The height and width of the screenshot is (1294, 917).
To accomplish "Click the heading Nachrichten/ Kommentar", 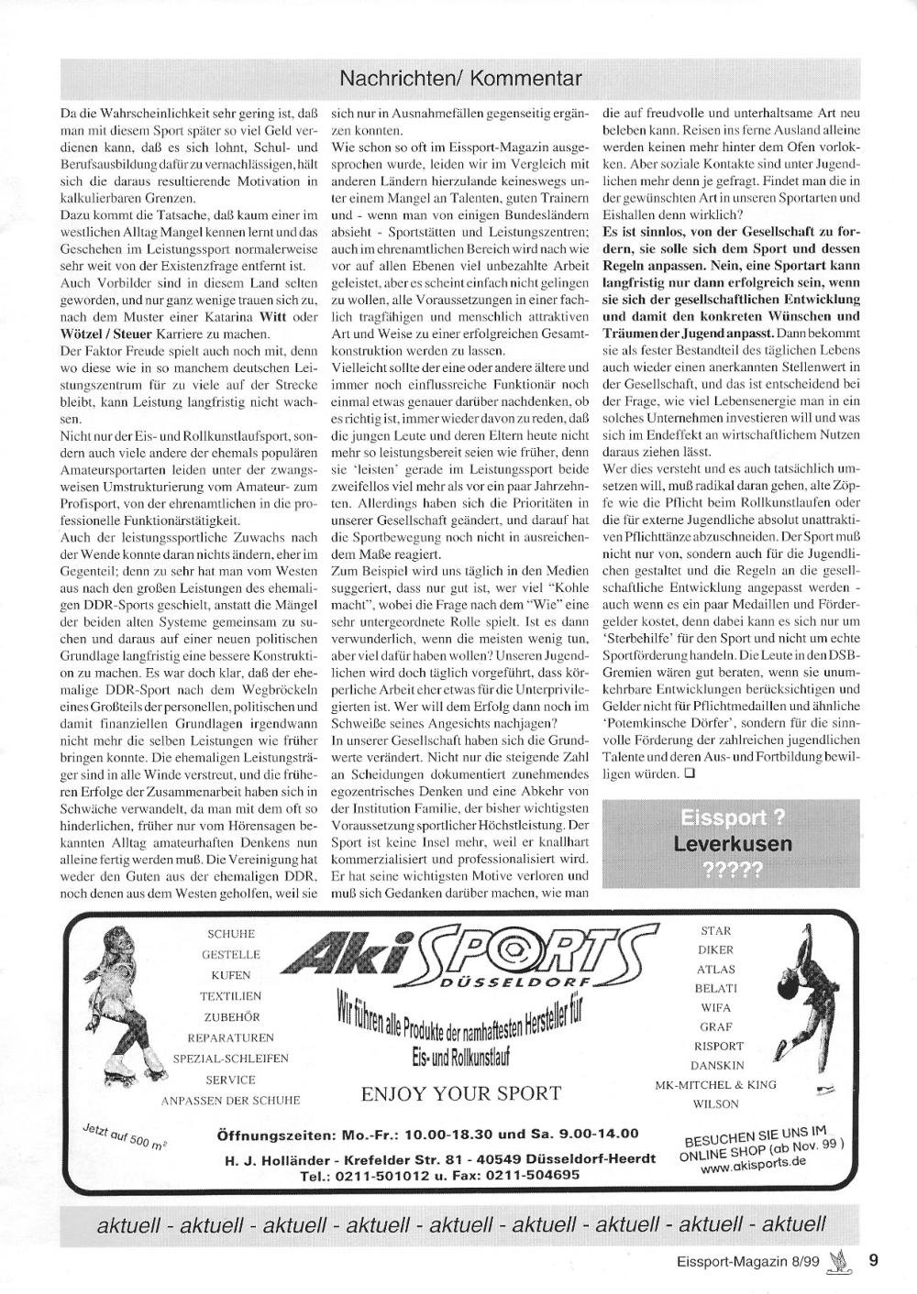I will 459,79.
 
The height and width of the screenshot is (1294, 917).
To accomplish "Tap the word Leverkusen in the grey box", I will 733,843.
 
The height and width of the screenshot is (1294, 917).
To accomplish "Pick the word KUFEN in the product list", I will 230,975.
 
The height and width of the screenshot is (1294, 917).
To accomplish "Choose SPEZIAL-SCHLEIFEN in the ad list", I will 231,1058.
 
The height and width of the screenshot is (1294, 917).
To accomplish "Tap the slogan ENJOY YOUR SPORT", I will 461,1092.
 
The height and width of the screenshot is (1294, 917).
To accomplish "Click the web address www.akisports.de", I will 753,1164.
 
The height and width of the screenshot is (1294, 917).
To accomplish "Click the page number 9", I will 874,1260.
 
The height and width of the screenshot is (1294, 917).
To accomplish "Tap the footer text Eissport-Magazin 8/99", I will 744,1261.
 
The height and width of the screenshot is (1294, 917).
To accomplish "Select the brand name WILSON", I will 716,1104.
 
